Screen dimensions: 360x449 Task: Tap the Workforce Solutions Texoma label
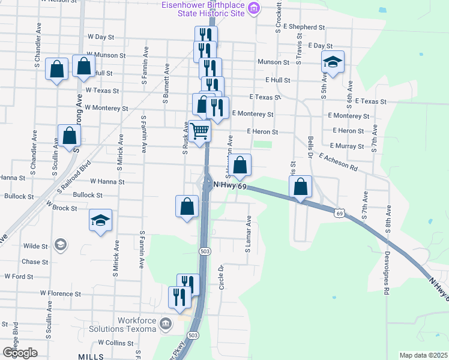tap(124, 325)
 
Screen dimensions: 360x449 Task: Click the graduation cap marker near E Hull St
tap(332, 61)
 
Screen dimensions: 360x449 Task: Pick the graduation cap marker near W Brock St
tap(101, 220)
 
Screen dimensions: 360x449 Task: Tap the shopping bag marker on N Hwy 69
tap(300, 187)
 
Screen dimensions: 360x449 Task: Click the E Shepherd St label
tap(304, 28)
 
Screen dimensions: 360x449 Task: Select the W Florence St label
tap(61, 293)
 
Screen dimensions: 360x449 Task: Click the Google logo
tap(19, 353)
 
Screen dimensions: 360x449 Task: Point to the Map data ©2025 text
tap(423, 355)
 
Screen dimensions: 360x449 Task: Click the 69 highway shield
tap(340, 213)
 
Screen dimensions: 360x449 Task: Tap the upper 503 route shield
tap(205, 251)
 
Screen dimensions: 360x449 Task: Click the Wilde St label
tap(35, 246)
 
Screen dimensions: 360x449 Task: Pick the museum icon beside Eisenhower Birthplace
tap(254, 8)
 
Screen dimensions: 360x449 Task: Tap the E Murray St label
tap(346, 146)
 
